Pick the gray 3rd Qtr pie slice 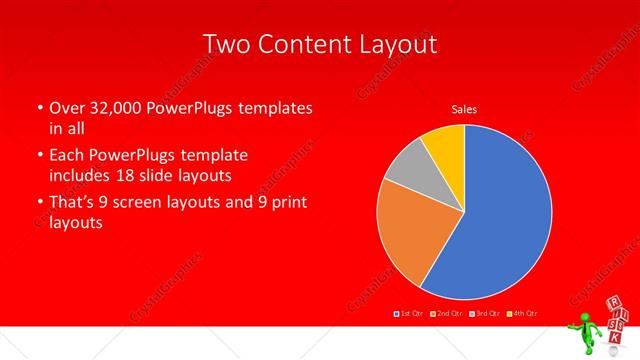click(407, 170)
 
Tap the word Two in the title click(227, 44)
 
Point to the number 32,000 click(115, 107)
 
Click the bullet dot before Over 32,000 click(39, 107)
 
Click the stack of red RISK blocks click(617, 317)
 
